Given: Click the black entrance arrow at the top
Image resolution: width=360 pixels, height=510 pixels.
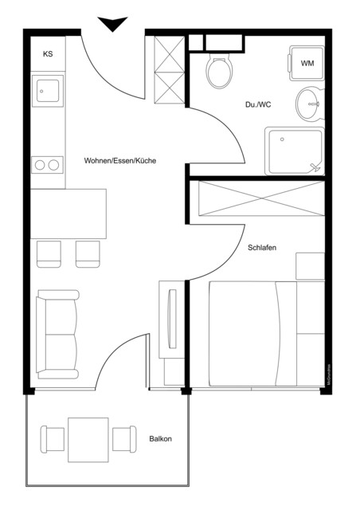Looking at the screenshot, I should click(x=112, y=24).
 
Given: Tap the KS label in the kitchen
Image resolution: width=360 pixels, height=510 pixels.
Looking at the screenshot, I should click(x=49, y=54).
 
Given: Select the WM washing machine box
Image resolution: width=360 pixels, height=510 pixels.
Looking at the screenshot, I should click(x=307, y=62).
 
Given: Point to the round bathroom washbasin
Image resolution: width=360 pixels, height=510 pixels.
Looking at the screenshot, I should click(x=309, y=103).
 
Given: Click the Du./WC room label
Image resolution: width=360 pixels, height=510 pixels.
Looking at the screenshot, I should click(x=257, y=104).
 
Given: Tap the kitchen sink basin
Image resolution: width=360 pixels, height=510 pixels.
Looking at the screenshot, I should click(x=46, y=92).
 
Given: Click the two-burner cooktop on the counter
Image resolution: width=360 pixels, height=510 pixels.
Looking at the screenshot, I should click(x=46, y=165).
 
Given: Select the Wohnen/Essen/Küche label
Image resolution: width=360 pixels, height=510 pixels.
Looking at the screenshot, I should click(x=119, y=161).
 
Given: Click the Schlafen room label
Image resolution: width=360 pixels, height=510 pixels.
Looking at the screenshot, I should click(x=261, y=249).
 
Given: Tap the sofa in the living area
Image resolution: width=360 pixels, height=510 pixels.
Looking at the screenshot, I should click(x=58, y=335).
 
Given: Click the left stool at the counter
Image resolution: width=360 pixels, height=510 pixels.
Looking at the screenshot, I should click(x=49, y=253).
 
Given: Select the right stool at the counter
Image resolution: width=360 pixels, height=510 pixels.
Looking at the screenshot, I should click(x=87, y=253).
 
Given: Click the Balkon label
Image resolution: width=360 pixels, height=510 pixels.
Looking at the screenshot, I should click(x=160, y=439).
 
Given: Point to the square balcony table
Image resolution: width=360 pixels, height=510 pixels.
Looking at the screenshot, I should click(x=88, y=439).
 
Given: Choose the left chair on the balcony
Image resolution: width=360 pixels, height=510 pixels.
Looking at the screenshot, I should click(x=53, y=439).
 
